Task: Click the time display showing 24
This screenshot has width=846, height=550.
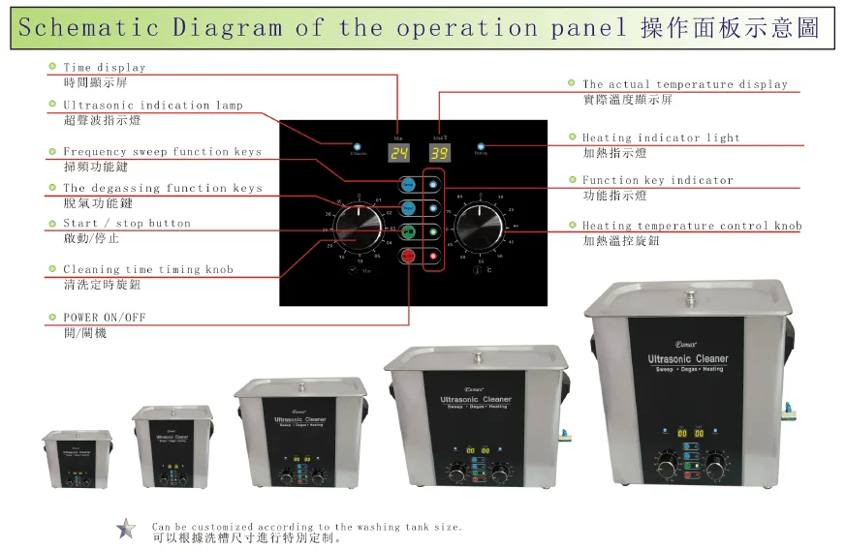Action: tap(397, 153)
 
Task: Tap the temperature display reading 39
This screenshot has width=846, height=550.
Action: tap(439, 153)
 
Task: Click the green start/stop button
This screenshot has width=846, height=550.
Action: tap(408, 231)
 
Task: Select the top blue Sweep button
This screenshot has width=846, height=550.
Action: tap(408, 184)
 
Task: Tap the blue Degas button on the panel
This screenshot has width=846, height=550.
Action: tap(408, 207)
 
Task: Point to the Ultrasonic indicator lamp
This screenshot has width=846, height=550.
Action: tap(358, 144)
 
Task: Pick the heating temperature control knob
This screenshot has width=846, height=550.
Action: tap(481, 230)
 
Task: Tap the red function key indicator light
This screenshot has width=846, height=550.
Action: tap(433, 256)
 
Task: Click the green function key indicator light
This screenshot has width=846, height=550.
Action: tap(433, 231)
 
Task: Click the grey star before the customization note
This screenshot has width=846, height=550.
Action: tap(126, 529)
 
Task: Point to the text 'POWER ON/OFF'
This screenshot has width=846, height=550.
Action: tap(105, 318)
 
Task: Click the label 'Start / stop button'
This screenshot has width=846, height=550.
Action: tap(127, 224)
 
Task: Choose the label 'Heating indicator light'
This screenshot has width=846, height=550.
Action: tap(661, 138)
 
